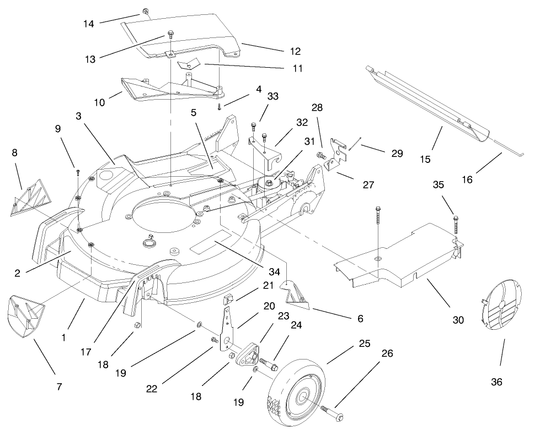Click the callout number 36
[496, 382]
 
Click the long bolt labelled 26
[330, 410]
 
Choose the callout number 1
[64, 336]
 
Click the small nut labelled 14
[146, 12]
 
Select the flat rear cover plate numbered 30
[397, 253]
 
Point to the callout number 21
[268, 285]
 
